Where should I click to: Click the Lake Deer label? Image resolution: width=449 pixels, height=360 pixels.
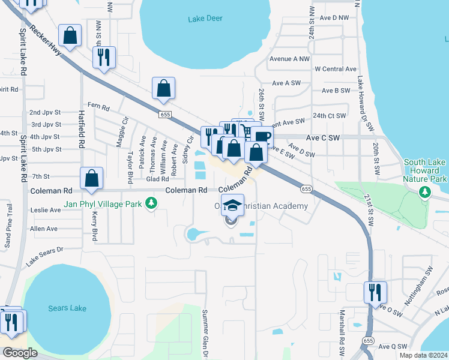click(x=205, y=19)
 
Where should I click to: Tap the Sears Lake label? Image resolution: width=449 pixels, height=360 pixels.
click(x=67, y=308)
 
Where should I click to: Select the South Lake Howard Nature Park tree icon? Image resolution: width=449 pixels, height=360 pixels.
click(x=426, y=192)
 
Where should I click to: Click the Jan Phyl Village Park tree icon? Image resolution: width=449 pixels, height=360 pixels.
click(x=152, y=205)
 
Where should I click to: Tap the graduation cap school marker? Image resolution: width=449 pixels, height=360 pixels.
click(x=232, y=206)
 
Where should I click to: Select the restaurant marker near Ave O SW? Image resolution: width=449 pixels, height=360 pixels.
click(x=375, y=292)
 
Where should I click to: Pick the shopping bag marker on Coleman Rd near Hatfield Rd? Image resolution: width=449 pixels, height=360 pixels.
click(x=91, y=178)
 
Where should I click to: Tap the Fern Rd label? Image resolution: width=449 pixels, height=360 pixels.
click(x=98, y=108)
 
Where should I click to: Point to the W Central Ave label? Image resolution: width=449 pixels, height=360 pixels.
click(x=336, y=69)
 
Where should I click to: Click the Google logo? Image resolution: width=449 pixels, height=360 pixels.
click(x=20, y=352)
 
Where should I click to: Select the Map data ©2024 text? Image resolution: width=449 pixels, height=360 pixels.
click(x=423, y=355)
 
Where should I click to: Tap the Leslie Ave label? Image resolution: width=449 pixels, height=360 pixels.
click(x=46, y=210)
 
